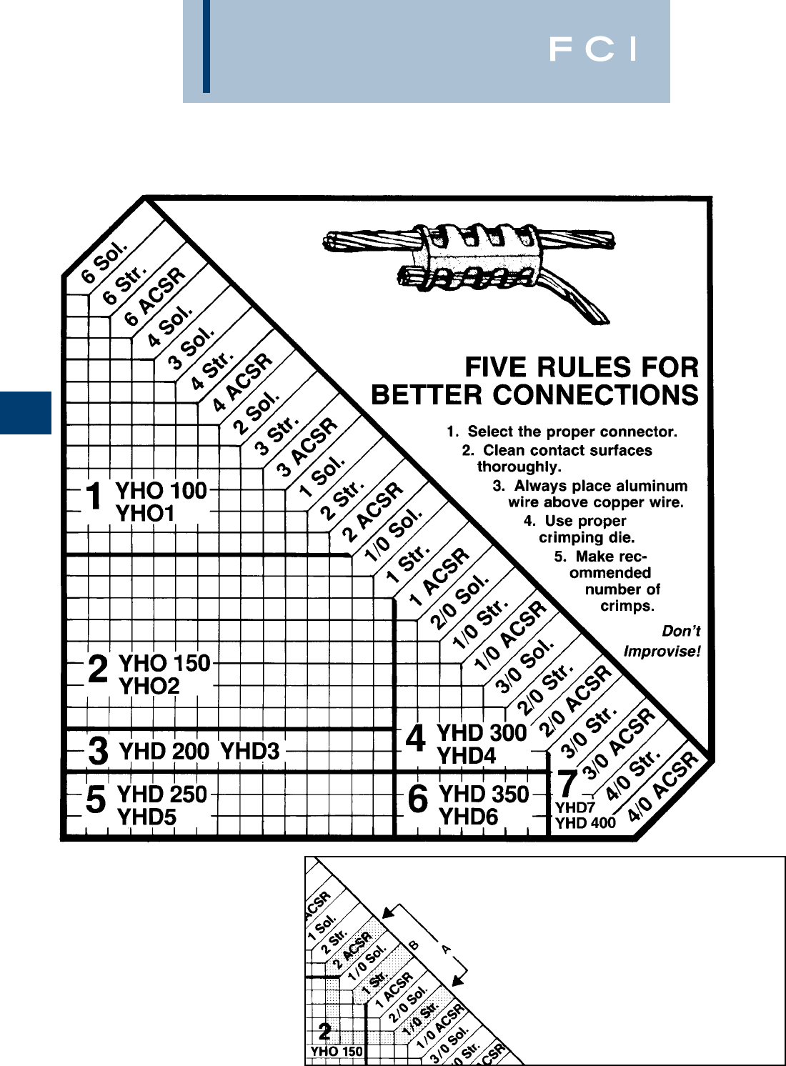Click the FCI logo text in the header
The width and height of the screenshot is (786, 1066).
(592, 49)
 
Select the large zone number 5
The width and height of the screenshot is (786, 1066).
(96, 799)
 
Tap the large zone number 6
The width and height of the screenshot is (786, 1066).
(417, 799)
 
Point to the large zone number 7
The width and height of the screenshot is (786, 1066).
(567, 784)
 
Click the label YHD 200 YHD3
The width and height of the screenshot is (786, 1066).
(199, 751)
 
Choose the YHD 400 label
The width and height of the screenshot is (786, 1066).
(585, 822)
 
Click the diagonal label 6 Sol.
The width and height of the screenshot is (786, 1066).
(104, 261)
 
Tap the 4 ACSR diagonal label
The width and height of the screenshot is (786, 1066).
(243, 383)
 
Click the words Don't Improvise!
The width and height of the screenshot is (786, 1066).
(662, 642)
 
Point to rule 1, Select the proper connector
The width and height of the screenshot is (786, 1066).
(562, 432)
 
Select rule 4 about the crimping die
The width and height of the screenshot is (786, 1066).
(580, 529)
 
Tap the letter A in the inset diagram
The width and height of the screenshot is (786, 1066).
(446, 949)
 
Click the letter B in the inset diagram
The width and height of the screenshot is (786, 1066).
(413, 945)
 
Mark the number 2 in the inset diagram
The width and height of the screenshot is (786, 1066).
(324, 1031)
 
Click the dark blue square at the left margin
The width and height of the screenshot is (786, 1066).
(26, 412)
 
